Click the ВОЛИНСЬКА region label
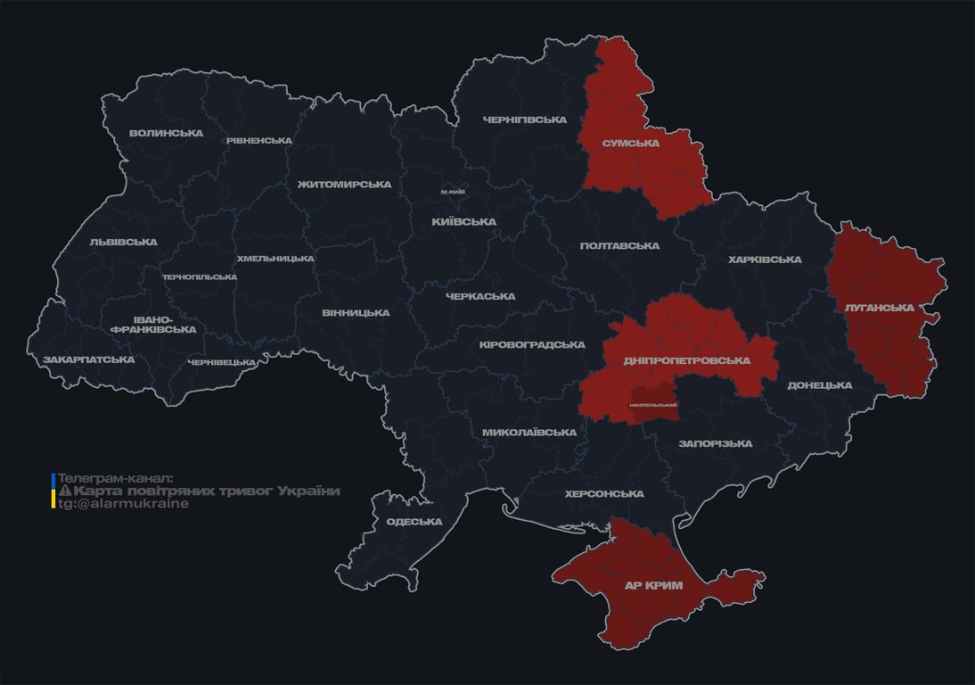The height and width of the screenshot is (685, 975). [x=166, y=134]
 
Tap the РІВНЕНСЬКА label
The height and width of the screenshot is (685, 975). [x=258, y=141]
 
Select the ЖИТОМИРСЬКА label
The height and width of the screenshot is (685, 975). [x=344, y=185]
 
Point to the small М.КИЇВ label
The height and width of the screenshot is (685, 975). [x=453, y=192]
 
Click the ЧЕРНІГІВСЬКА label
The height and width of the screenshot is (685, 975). [x=525, y=120]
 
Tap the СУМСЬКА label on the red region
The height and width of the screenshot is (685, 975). [x=630, y=143]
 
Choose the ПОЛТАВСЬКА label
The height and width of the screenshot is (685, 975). [x=619, y=246]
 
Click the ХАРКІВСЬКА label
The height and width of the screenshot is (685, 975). [x=765, y=260]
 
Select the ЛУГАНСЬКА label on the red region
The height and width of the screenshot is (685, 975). [x=879, y=308]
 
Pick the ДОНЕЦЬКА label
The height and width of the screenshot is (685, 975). [x=819, y=385]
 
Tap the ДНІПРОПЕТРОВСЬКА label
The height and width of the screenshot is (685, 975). [x=686, y=360]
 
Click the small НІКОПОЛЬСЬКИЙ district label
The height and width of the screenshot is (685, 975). [x=652, y=405]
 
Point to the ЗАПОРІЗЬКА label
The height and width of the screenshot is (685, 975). [x=715, y=443]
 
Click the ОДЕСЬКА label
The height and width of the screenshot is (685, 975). [x=414, y=522]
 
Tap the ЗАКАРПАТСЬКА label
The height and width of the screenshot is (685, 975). [x=88, y=359]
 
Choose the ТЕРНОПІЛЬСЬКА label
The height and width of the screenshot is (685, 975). [x=200, y=276]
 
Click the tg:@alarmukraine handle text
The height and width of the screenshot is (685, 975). [x=123, y=503]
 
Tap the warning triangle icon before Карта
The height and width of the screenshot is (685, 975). [x=64, y=491]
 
